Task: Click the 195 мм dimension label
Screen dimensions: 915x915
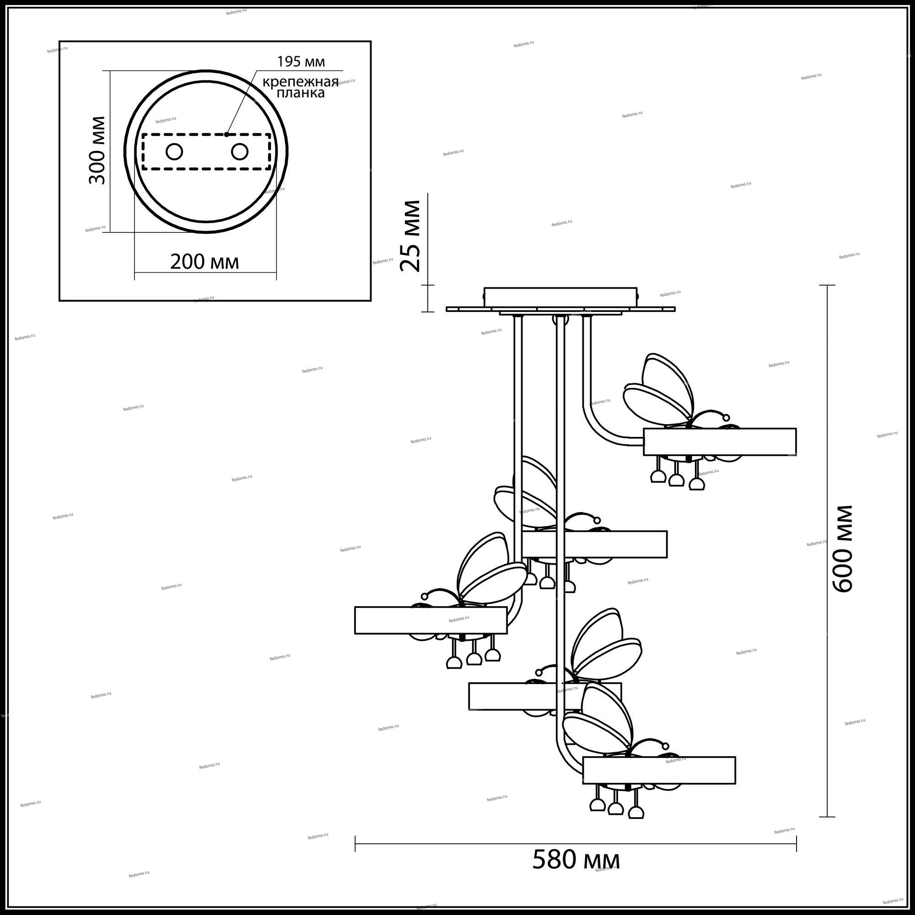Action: tap(301, 62)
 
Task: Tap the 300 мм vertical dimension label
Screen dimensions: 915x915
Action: tap(97, 150)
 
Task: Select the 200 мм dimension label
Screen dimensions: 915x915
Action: tap(204, 261)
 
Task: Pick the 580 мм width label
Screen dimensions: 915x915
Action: tap(576, 859)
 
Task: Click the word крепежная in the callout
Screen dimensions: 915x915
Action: tap(301, 82)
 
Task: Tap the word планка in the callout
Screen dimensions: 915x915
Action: tap(301, 93)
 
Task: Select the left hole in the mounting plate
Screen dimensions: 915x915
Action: tap(174, 151)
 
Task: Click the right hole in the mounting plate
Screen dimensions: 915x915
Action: tap(239, 151)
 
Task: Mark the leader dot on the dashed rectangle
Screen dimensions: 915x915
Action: tap(227, 134)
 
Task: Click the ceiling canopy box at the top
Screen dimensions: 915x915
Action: tap(560, 298)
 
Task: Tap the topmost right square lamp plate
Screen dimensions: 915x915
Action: tap(719, 441)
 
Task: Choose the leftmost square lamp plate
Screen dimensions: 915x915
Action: tap(431, 620)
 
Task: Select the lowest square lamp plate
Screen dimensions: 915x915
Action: tap(659, 783)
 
